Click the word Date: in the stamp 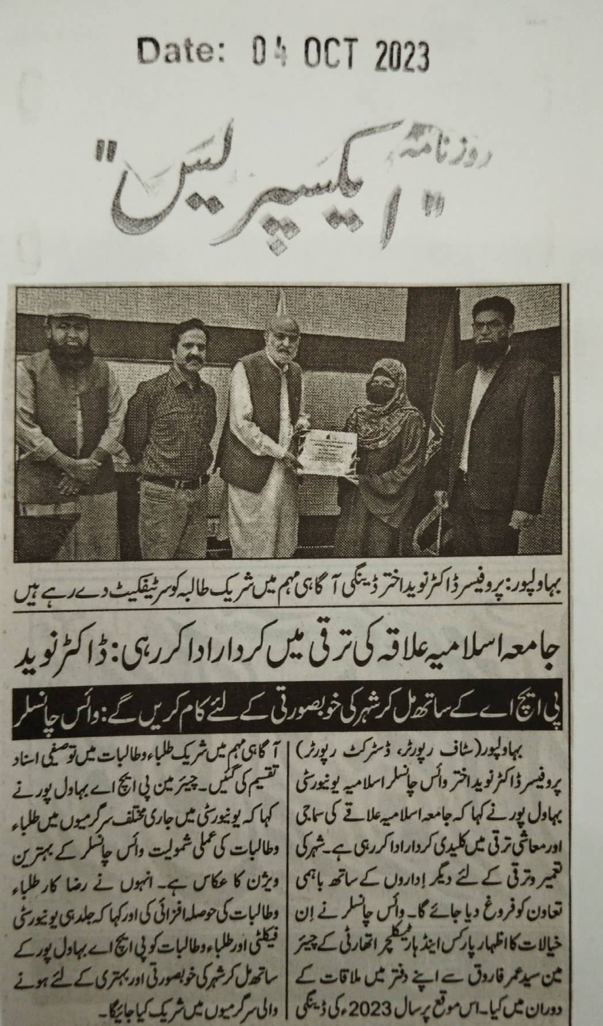coord(181,55)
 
